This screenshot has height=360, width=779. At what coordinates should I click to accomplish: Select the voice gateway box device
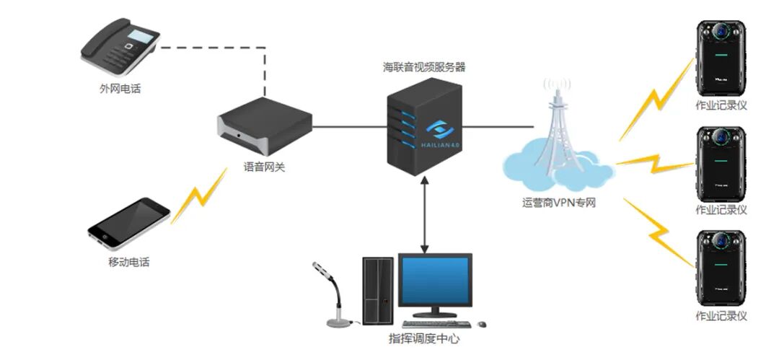265,129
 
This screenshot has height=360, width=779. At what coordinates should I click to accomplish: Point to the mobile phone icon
128,222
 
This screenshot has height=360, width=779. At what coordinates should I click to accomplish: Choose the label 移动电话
128,262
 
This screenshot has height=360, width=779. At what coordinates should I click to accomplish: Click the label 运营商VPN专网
559,203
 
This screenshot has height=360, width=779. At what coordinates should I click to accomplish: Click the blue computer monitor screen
436,282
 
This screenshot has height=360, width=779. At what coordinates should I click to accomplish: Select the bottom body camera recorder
721,266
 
